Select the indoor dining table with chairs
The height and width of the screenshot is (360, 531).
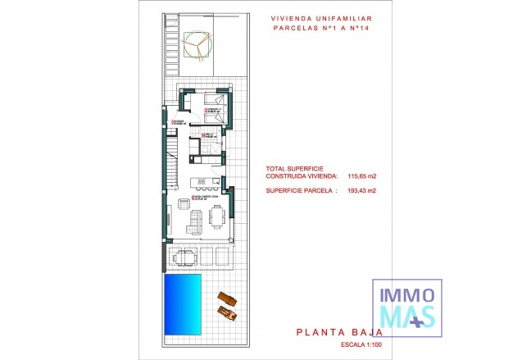[218, 216]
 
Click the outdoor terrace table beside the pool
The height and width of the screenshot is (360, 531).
[185, 257]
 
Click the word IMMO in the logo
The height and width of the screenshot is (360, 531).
[408, 294]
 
